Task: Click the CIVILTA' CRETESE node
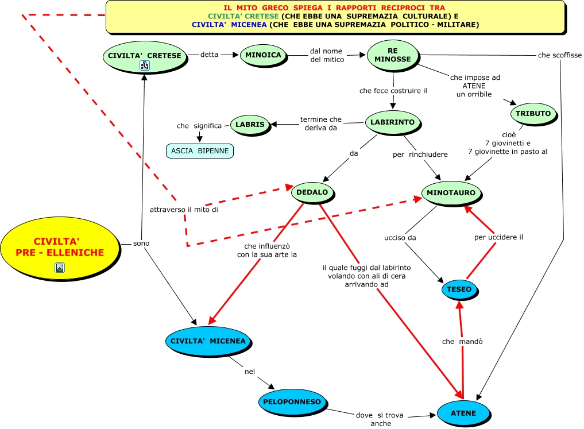pyautogui.click(x=145, y=56)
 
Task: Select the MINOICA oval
pyautogui.click(x=263, y=55)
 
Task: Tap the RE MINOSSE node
pyautogui.click(x=393, y=55)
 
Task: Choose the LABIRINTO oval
pyautogui.click(x=393, y=122)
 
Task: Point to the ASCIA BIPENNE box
pyautogui.click(x=200, y=151)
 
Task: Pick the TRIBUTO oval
pyautogui.click(x=533, y=114)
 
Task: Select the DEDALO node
pyautogui.click(x=312, y=192)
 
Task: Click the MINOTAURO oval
pyautogui.click(x=451, y=193)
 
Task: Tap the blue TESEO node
pyautogui.click(x=458, y=289)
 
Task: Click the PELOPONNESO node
pyautogui.click(x=292, y=402)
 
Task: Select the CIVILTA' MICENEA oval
pyautogui.click(x=208, y=341)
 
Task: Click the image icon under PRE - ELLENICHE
pyautogui.click(x=60, y=267)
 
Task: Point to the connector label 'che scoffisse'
pyautogui.click(x=559, y=55)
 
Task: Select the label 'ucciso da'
pyautogui.click(x=400, y=237)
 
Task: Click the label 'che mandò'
pyautogui.click(x=462, y=342)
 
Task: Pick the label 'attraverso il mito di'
pyautogui.click(x=184, y=210)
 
